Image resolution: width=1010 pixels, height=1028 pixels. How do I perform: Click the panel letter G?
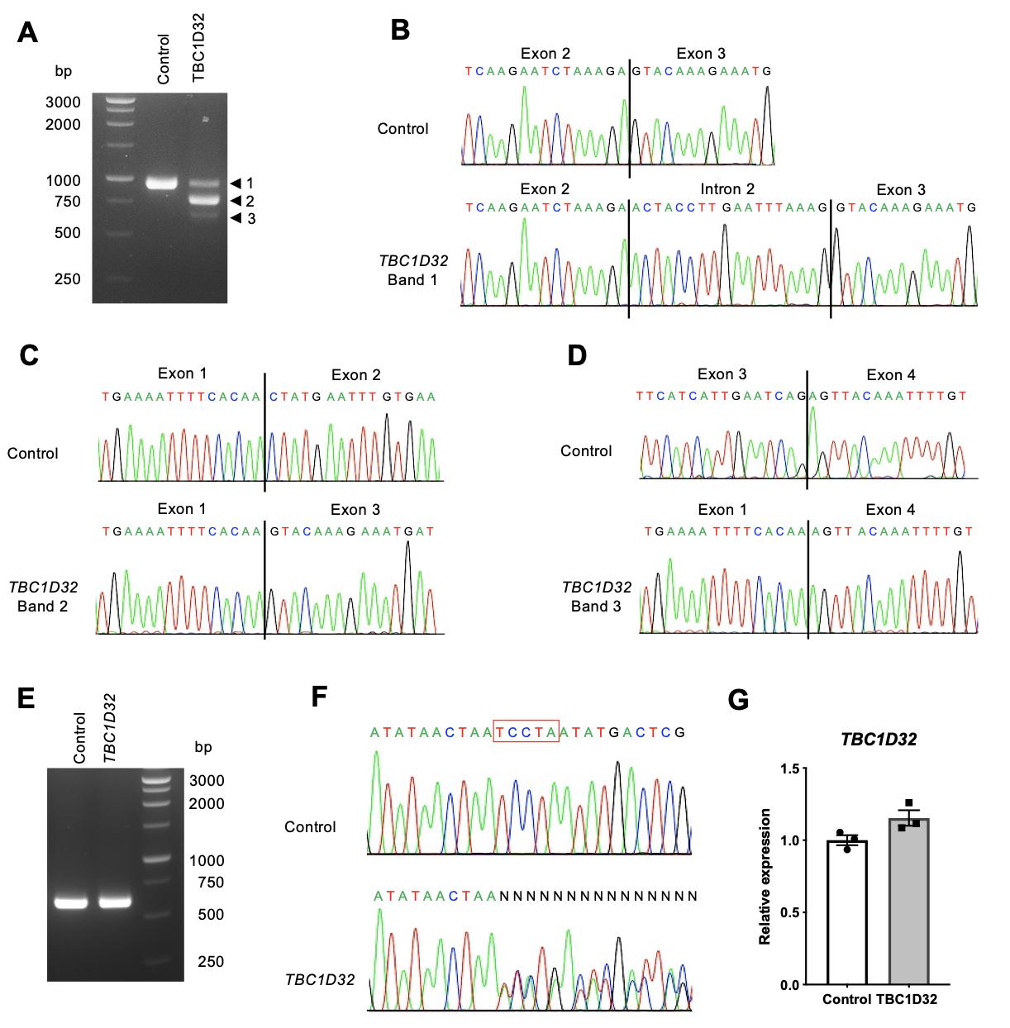737,700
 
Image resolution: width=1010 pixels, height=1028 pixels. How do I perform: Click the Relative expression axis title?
765,876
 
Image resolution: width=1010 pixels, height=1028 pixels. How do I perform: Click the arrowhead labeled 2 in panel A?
236,201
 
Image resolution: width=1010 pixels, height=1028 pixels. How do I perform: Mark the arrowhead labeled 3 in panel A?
236,218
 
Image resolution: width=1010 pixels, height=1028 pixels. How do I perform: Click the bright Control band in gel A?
162,183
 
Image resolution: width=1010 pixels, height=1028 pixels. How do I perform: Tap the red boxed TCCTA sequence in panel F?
526,731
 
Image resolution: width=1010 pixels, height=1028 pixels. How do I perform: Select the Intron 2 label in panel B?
727,189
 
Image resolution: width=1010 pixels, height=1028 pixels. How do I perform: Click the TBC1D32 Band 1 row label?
413,270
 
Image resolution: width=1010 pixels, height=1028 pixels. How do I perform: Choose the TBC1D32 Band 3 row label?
596,597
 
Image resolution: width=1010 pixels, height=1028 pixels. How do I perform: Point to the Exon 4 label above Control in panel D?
891,375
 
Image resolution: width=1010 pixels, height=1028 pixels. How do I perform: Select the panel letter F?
320,697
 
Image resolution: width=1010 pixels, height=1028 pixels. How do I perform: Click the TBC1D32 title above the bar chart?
879,740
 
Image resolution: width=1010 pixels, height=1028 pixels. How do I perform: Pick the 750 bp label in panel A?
67,202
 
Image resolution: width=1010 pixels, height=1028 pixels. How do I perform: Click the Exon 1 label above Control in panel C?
182,374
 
